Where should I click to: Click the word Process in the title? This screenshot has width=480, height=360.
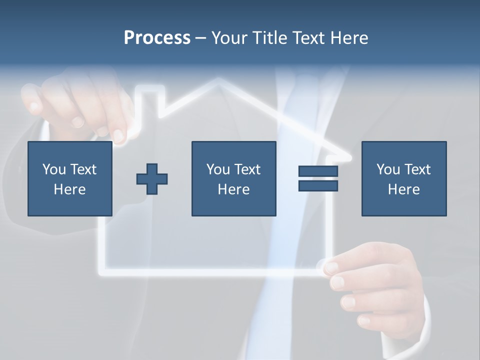tap(157, 38)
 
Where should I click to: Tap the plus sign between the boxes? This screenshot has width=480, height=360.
tap(152, 178)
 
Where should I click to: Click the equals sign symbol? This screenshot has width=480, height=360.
tap(318, 178)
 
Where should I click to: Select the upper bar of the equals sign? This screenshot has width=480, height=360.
tap(318, 171)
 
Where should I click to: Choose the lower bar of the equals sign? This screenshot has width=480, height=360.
tap(318, 185)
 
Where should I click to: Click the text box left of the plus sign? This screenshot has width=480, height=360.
tap(69, 178)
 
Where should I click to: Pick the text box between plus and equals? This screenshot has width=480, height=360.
tap(233, 178)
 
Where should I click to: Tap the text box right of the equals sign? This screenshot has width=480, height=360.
tap(403, 178)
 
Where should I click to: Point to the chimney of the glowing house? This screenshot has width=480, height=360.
tap(150, 100)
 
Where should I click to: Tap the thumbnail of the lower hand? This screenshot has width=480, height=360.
tap(331, 267)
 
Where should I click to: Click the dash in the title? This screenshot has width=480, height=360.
tap(200, 38)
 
